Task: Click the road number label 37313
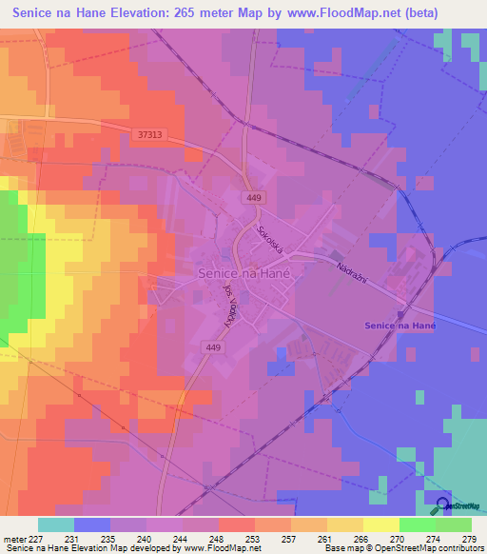pyautogui.click(x=149, y=135)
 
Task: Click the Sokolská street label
pyautogui.click(x=269, y=243)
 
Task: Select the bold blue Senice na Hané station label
pyautogui.click(x=400, y=325)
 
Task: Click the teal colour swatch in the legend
pyautogui.click(x=55, y=524)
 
